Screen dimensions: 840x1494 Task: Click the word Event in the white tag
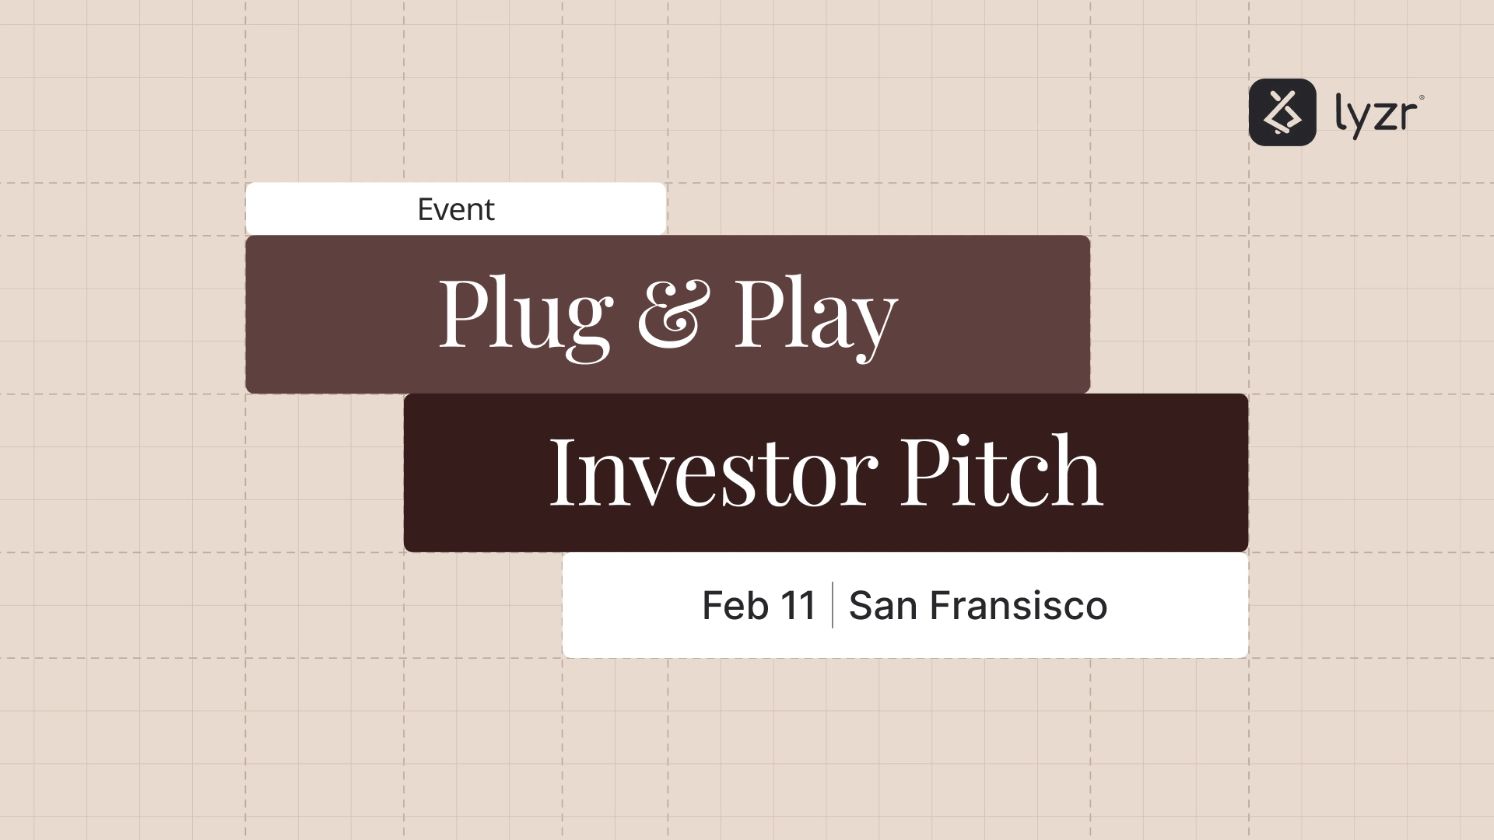coord(455,209)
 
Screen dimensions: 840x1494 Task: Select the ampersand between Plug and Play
coord(674,314)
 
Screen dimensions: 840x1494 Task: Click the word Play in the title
coord(815,314)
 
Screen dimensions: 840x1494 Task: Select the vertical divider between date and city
coord(833,605)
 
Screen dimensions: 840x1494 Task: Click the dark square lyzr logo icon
coord(1282,112)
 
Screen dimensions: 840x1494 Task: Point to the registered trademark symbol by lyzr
coord(1422,98)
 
